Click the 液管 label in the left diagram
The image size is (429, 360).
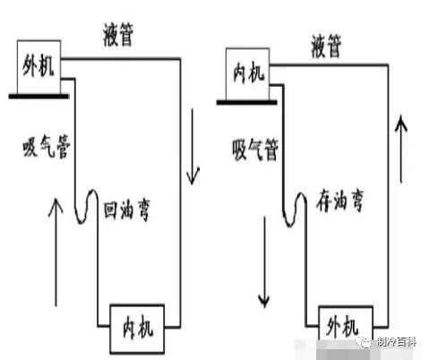[118, 35]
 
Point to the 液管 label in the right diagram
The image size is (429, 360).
[326, 46]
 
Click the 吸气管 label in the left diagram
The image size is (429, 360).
[47, 146]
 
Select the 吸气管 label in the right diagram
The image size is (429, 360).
[255, 150]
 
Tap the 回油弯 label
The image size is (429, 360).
[127, 210]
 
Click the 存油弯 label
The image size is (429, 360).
[339, 201]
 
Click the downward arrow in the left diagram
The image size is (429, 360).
[193, 146]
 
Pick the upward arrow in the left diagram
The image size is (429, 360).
[56, 253]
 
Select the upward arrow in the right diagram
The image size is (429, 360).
[401, 149]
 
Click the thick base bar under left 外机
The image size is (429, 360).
[39, 96]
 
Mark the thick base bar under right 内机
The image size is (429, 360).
[247, 103]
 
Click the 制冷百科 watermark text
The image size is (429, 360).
[396, 342]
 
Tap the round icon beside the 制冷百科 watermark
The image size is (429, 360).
[365, 343]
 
